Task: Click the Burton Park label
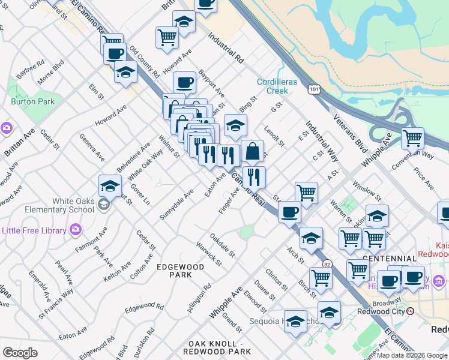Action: (x=32, y=101)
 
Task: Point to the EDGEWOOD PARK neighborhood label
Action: (x=174, y=270)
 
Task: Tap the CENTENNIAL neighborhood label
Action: (x=394, y=259)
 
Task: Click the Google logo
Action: (x=20, y=353)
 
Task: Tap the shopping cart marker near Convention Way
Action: (x=412, y=137)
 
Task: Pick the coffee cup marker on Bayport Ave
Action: (x=184, y=82)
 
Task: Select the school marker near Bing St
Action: (x=236, y=126)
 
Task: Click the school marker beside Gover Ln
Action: (x=110, y=186)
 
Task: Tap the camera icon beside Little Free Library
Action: (x=75, y=229)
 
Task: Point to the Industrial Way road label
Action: (x=322, y=143)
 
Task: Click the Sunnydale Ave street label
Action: (x=177, y=205)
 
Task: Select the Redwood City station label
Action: (x=382, y=311)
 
